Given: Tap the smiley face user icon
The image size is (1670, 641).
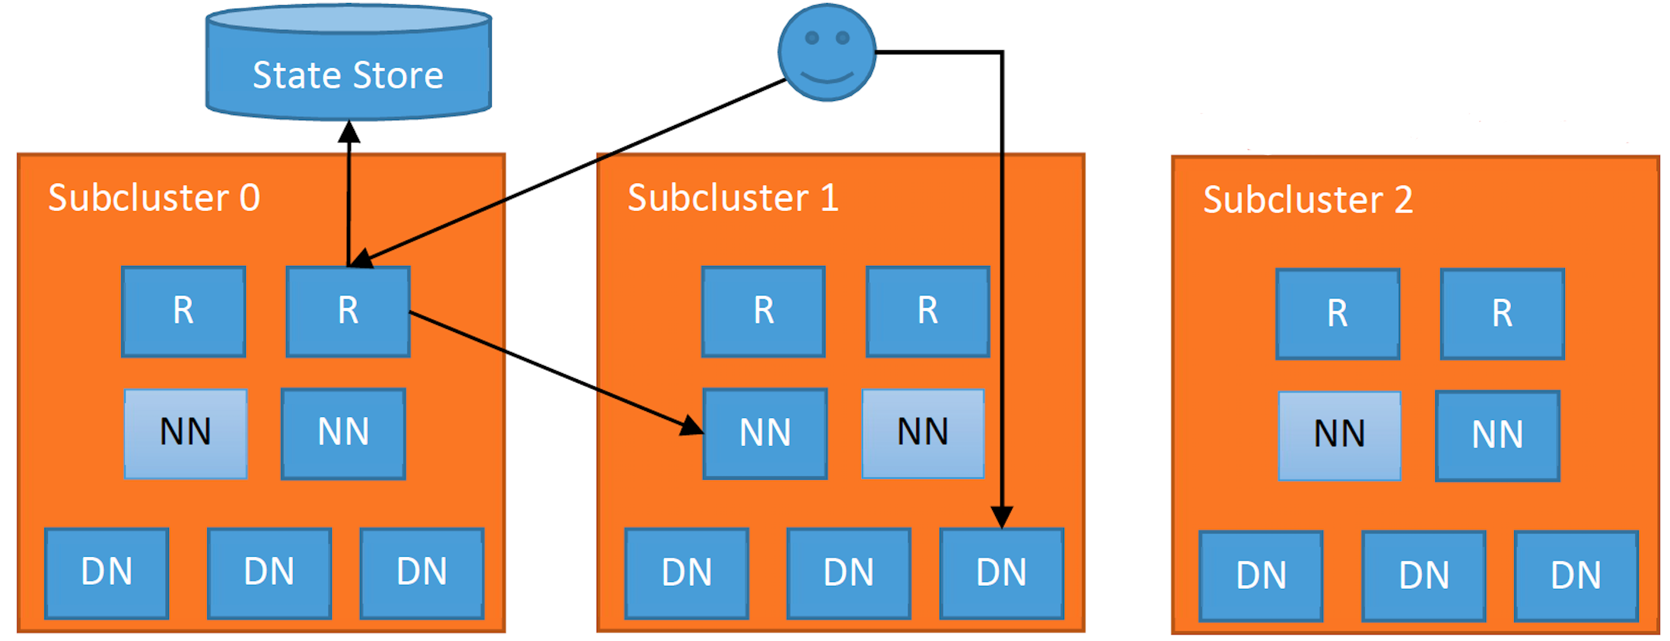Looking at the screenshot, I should pos(827,52).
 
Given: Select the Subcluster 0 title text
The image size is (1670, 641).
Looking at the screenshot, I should pos(154,198).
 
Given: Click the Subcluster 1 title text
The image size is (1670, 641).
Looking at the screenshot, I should pos(733,198).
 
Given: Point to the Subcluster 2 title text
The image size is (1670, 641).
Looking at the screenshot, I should pos(1307,200).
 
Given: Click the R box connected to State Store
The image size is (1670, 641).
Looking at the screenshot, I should pos(348,312).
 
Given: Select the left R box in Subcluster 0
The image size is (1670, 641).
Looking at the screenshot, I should pos(183,312).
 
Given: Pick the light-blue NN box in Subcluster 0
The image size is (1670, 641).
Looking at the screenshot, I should pos(185,434).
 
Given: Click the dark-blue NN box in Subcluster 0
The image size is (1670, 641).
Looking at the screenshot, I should pos(343,434).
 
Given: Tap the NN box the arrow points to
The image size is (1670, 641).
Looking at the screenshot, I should pos(765,434).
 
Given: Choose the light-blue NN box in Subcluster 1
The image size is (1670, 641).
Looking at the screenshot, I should pos(923,434).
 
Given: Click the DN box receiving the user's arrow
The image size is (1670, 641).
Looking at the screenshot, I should pos(1002,573).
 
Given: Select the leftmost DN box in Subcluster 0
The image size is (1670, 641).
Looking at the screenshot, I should pos(107,573).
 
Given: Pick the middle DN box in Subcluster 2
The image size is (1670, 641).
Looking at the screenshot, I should pos(1424,575).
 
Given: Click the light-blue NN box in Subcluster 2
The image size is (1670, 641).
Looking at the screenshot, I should pos(1339,435).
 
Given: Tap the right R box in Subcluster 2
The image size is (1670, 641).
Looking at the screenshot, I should pos(1502,314).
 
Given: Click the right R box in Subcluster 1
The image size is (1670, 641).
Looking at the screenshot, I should pos(928,312).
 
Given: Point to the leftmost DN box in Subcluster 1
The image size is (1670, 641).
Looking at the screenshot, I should pos(686,573).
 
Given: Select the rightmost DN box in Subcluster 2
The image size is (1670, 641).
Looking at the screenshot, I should pos(1576,575).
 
